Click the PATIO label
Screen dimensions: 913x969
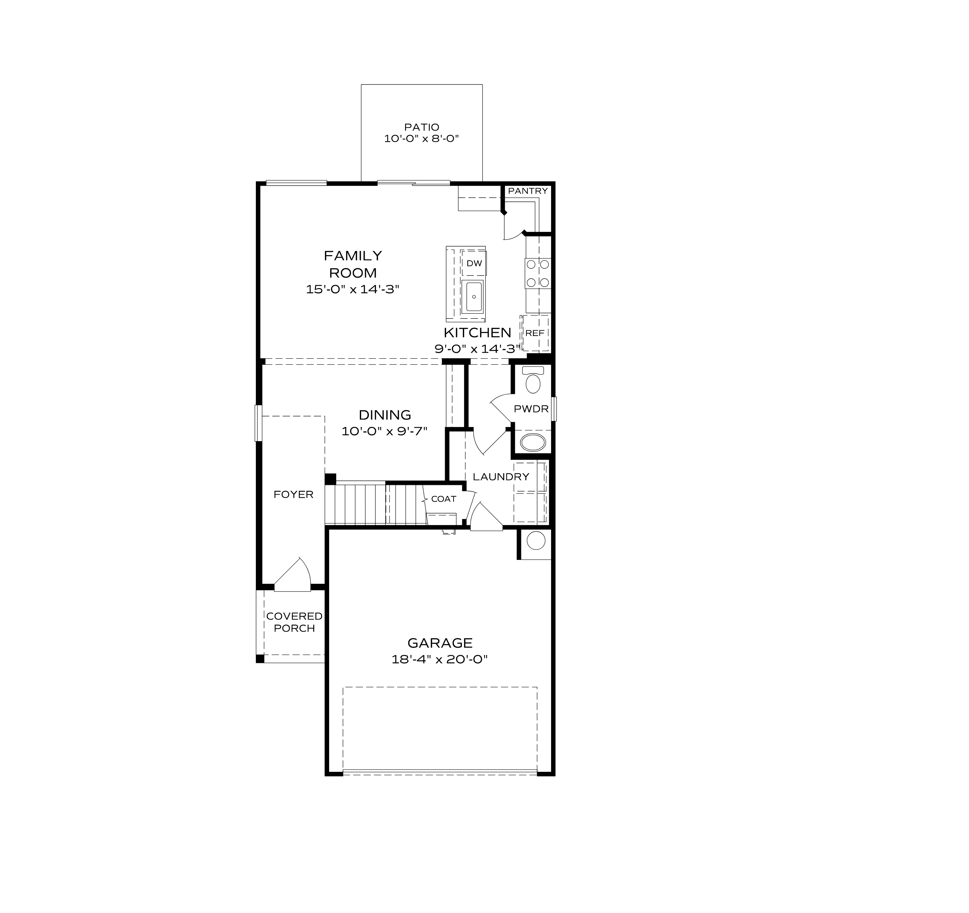(421, 127)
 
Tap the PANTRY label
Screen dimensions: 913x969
(527, 191)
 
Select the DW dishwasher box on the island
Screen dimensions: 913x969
(474, 264)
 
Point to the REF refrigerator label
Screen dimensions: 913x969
(535, 333)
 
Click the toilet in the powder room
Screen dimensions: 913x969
(533, 381)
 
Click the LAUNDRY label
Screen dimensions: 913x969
(501, 477)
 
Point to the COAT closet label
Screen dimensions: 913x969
(443, 499)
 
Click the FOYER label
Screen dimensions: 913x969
(293, 494)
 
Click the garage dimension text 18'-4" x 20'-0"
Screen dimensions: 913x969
(440, 659)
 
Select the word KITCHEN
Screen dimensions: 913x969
(477, 333)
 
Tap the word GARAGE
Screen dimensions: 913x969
(440, 643)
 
